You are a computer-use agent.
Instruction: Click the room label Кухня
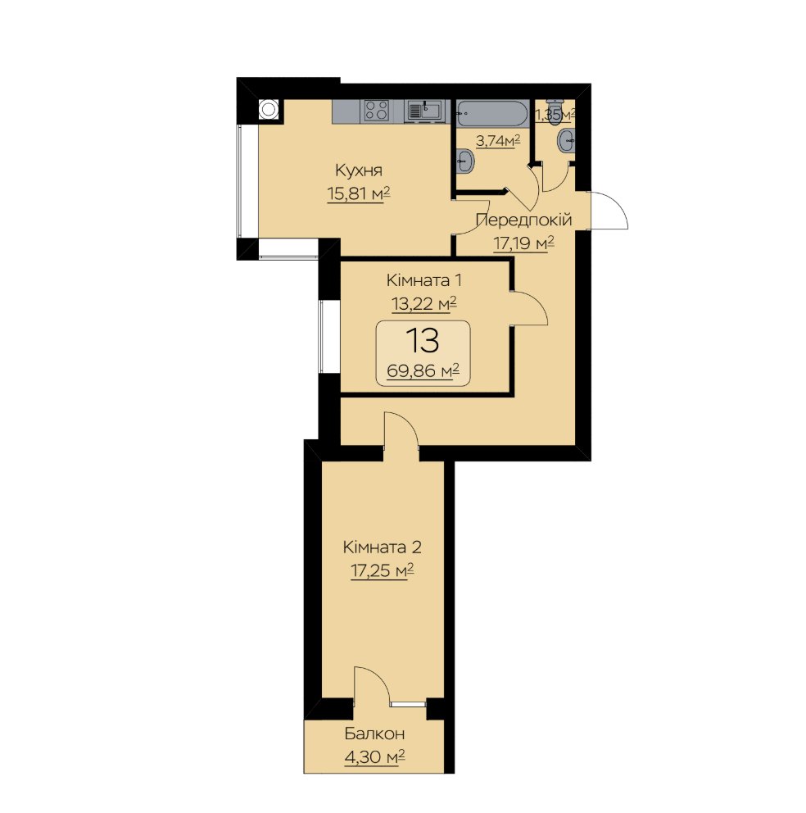pos(359,170)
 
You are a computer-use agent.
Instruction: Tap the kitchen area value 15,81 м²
pos(358,194)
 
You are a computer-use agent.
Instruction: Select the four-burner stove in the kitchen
pos(376,111)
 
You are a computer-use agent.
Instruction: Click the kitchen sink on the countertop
pos(424,111)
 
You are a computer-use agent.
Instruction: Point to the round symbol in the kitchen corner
pos(268,110)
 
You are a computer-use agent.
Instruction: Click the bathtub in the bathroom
pos(491,112)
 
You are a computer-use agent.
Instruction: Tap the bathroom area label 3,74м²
pos(498,140)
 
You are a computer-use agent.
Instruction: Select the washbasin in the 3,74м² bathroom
pos(465,161)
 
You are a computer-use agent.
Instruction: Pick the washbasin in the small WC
pos(567,141)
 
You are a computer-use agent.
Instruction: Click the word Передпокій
pos(523,220)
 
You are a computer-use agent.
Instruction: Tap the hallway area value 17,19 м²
pos(523,243)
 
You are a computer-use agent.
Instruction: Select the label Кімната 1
pos(424,280)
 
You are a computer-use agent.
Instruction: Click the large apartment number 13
pos(423,341)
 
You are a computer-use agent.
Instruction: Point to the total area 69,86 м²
pos(423,370)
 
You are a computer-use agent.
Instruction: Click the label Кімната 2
pos(382,547)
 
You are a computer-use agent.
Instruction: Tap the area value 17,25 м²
pos(382,571)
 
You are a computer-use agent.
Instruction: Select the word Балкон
pos(374,734)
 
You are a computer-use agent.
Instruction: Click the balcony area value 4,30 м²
pos(374,757)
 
